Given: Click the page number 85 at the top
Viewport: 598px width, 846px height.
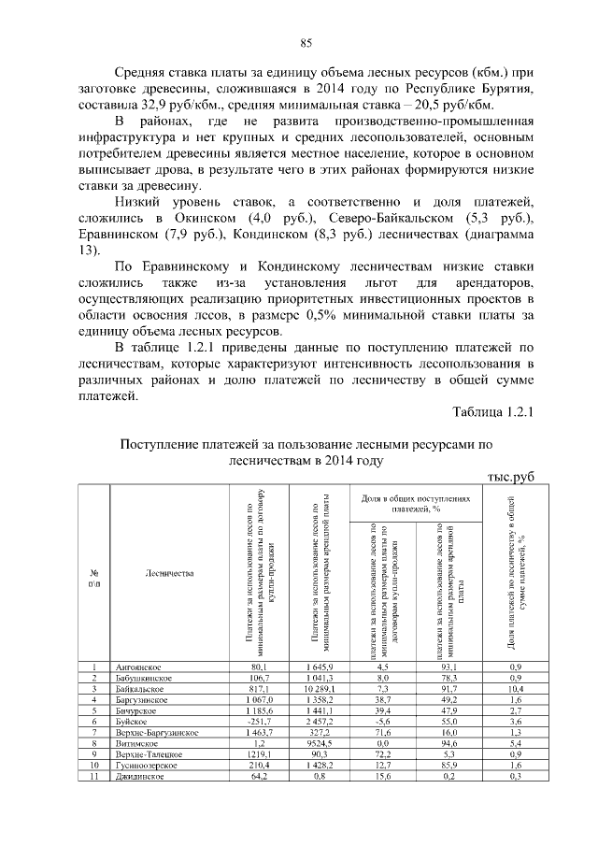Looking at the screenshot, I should (305, 43).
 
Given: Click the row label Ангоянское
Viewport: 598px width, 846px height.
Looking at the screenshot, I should (137, 667).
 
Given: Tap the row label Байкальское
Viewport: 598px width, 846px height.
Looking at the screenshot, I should (139, 688).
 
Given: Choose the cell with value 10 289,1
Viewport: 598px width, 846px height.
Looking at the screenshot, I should (318, 688).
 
